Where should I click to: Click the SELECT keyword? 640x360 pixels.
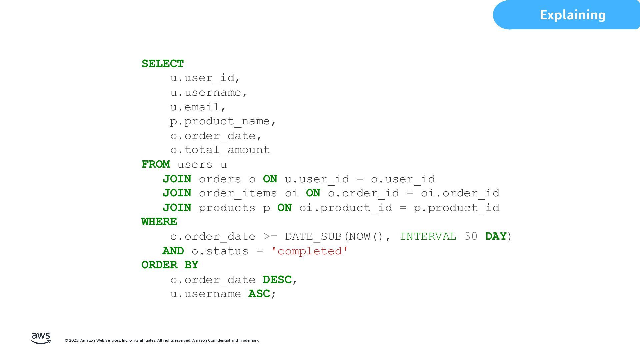coord(163,64)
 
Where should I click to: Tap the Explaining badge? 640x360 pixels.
coord(572,15)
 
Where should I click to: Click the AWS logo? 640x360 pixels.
coord(41,338)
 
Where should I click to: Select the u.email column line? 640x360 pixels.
coord(198,107)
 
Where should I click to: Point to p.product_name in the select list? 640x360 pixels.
coord(223,121)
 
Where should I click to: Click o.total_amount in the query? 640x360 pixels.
coord(220,150)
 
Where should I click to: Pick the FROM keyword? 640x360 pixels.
coord(156,164)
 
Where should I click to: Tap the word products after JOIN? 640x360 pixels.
coord(227,208)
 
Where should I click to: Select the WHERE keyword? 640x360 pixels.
coord(159,222)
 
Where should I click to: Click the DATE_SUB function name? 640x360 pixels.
coord(313,236)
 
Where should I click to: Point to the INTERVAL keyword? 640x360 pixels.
coord(428,236)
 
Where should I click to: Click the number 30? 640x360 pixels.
coord(471,236)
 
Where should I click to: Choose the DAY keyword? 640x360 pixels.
coord(496,236)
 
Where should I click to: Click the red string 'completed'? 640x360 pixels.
coord(310,251)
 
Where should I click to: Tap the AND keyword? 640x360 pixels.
coord(173,251)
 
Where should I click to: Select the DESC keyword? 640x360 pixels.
coord(277,280)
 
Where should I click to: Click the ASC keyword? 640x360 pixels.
coord(259,294)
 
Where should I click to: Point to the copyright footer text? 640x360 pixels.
coord(162,340)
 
